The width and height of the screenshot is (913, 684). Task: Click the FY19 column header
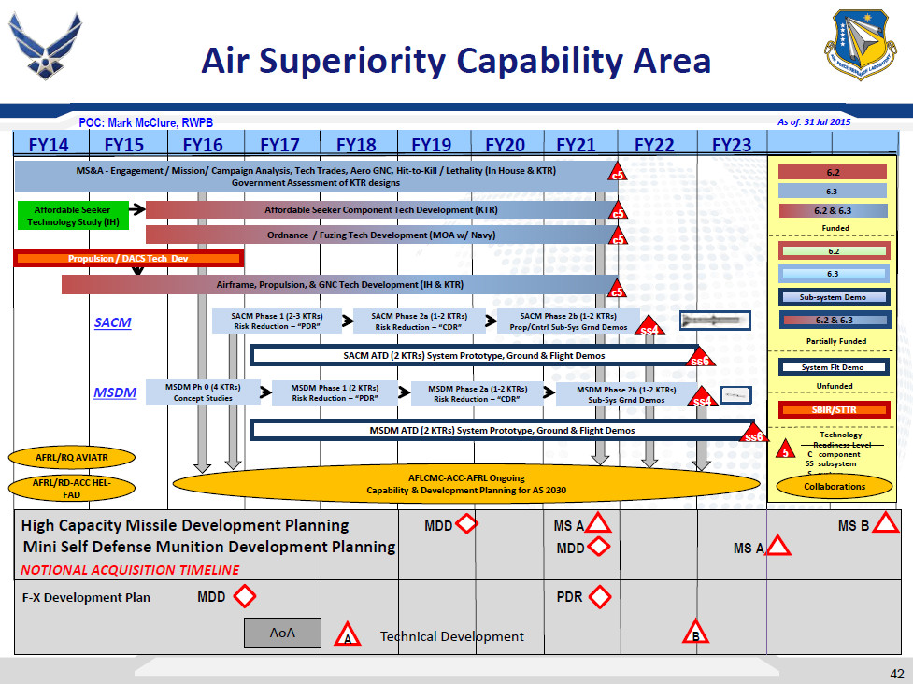431,145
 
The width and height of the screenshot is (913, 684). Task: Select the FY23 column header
731,145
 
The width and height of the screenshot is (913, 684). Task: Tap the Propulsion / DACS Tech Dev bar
129,259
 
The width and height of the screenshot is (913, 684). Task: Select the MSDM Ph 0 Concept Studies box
203,392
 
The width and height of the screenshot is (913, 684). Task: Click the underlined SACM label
112,322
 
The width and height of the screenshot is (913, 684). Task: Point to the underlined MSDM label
115,393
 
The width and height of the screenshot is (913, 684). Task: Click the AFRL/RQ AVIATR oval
72,458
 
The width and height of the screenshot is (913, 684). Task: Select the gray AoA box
282,633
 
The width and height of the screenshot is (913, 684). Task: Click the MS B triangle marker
885,525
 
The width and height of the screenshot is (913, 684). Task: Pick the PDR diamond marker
600,596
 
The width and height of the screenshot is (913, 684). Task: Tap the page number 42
896,674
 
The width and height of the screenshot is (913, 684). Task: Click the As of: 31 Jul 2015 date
814,121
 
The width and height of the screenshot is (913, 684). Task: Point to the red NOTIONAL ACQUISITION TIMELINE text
130,570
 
